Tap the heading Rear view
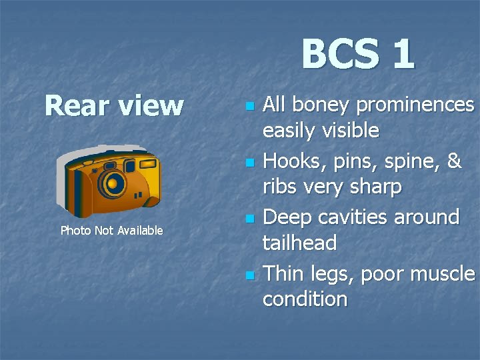[x=113, y=105]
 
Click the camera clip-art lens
[x=115, y=182]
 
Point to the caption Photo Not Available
[x=111, y=231]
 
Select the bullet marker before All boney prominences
[x=249, y=107]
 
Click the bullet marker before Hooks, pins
[x=249, y=162]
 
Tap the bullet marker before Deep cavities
[x=249, y=219]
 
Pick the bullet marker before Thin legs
[x=249, y=275]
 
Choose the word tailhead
[x=299, y=243]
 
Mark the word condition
[x=305, y=299]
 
